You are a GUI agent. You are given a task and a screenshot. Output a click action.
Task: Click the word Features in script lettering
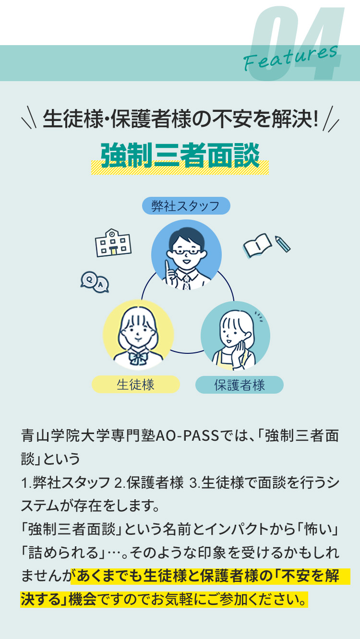[x=290, y=58]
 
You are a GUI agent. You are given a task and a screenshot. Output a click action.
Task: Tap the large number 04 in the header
[x=296, y=43]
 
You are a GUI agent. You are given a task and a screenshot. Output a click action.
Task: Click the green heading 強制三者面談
[x=180, y=156]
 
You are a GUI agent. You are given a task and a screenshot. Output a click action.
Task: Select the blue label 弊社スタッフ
[x=186, y=205]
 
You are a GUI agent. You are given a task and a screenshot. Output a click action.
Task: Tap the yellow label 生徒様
[x=135, y=384]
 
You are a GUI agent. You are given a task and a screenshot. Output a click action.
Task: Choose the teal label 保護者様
[x=240, y=385]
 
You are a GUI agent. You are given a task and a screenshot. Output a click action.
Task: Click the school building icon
[x=113, y=243]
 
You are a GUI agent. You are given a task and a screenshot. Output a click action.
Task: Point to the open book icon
[x=257, y=245]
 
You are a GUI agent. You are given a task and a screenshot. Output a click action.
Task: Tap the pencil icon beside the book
[x=282, y=243]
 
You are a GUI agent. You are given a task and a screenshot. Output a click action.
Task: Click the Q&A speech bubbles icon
[x=95, y=282]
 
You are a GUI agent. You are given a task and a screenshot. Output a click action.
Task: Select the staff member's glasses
[x=187, y=252]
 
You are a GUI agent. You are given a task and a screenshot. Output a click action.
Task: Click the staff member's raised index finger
[x=168, y=267]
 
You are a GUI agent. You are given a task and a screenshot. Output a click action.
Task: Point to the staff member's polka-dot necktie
[x=186, y=282]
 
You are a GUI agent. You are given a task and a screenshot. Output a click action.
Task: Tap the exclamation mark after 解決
[x=315, y=119]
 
